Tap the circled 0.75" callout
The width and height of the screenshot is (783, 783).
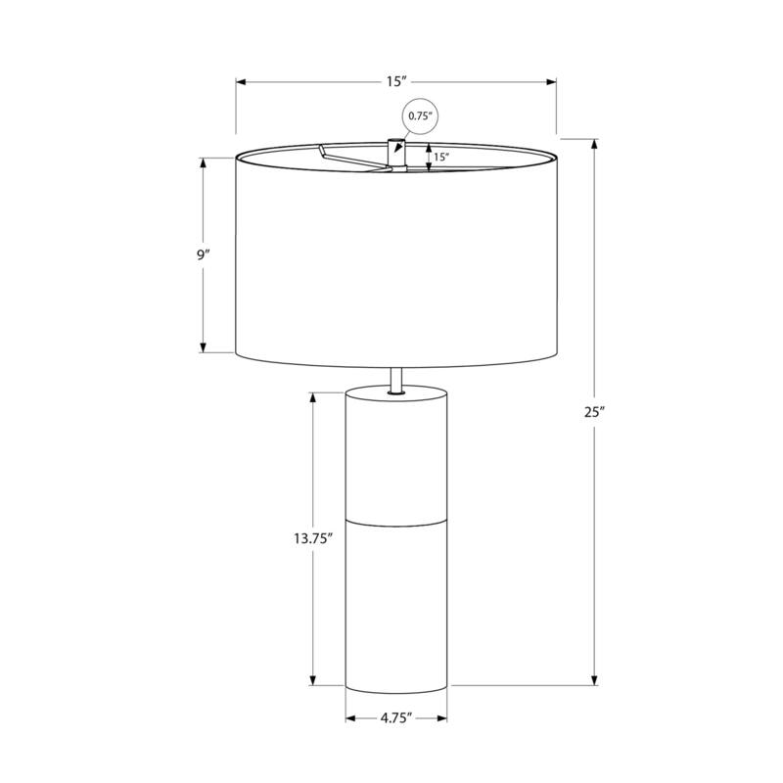coord(420,116)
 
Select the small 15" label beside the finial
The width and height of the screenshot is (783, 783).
coord(441,157)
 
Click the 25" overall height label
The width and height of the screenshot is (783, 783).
coord(595,412)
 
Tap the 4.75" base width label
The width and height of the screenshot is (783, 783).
coord(395,718)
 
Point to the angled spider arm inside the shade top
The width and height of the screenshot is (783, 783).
coord(347,158)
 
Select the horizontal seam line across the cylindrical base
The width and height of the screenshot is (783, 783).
coord(396,521)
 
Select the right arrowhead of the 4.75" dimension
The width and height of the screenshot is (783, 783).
coord(442,718)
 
